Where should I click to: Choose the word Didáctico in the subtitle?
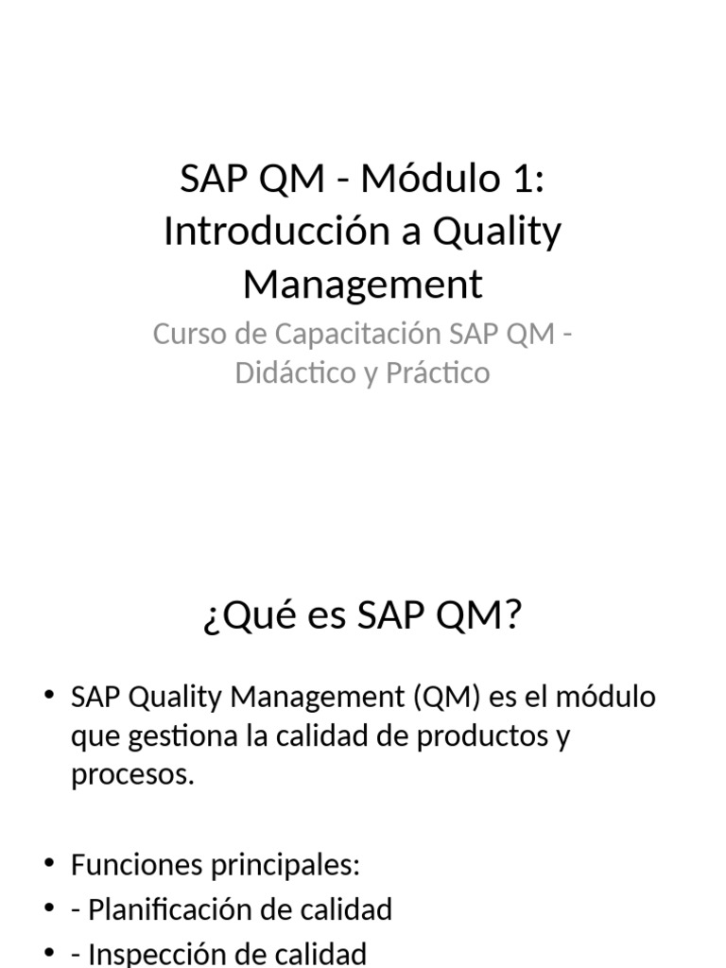pyautogui.click(x=292, y=372)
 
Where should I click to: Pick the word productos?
pyautogui.click(x=476, y=736)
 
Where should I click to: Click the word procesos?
pyautogui.click(x=132, y=775)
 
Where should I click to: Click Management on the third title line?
pyautogui.click(x=363, y=285)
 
